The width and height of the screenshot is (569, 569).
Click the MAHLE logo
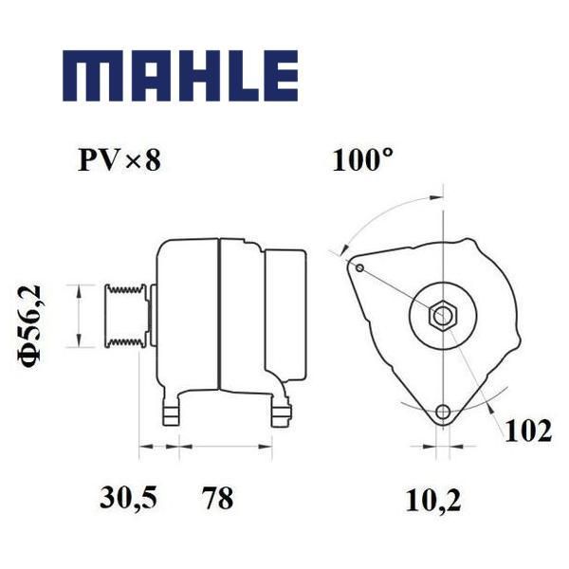pyautogui.click(x=180, y=76)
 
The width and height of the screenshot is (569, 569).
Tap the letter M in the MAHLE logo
pyautogui.click(x=87, y=76)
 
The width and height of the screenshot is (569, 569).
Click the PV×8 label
pyautogui.click(x=119, y=160)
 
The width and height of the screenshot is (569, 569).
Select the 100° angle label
pyautogui.click(x=362, y=159)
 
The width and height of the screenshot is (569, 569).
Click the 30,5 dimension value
pyautogui.click(x=128, y=498)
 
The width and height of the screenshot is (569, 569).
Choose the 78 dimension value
pyautogui.click(x=218, y=498)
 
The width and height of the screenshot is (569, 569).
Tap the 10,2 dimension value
pyautogui.click(x=433, y=501)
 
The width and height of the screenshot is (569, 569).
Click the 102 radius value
pyautogui.click(x=528, y=431)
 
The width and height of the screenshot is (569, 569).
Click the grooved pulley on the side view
pyautogui.click(x=126, y=316)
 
